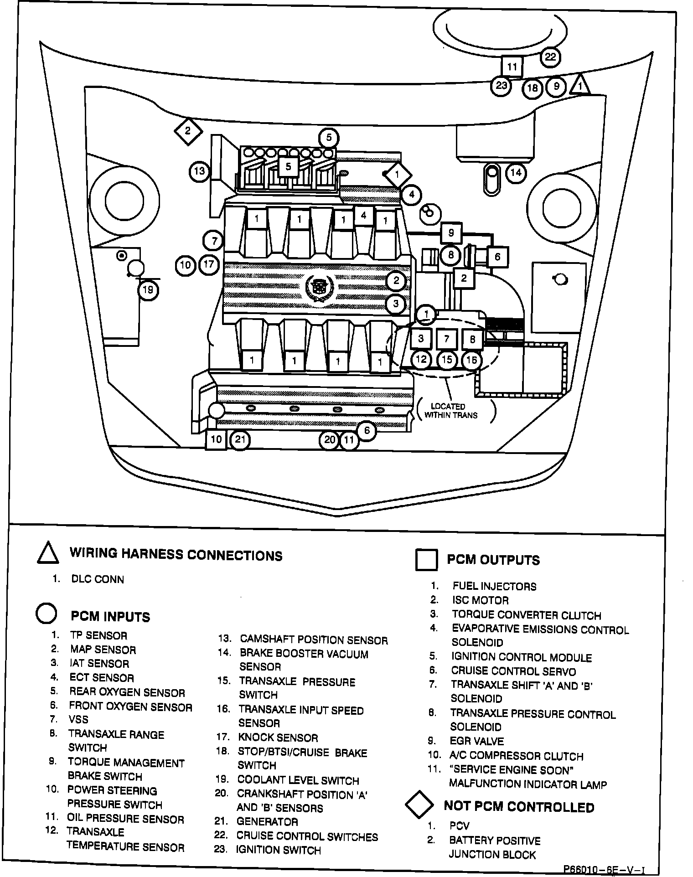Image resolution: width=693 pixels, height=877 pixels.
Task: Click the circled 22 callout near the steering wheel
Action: (x=550, y=57)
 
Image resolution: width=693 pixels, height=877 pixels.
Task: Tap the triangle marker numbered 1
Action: (x=580, y=85)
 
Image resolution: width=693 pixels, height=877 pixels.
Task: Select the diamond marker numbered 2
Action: (x=188, y=131)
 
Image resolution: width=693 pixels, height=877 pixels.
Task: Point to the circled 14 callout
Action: (x=516, y=173)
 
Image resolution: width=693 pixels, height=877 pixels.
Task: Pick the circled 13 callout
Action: (x=199, y=171)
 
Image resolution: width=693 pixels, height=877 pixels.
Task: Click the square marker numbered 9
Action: (x=451, y=233)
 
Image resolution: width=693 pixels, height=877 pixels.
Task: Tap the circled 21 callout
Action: (x=240, y=440)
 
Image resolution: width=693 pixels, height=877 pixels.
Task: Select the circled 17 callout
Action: (x=209, y=264)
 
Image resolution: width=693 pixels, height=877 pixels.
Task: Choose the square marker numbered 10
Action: (x=216, y=439)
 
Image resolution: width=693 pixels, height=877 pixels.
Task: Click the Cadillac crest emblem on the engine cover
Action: (x=320, y=288)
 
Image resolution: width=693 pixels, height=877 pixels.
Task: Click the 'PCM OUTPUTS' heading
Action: (x=493, y=560)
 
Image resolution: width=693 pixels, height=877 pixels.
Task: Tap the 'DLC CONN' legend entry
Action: (x=98, y=579)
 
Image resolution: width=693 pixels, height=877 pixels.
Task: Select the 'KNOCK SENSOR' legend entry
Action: (x=278, y=738)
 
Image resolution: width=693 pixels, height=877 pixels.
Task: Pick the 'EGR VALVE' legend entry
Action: (x=476, y=741)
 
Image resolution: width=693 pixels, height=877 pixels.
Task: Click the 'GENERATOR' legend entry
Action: (x=267, y=822)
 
